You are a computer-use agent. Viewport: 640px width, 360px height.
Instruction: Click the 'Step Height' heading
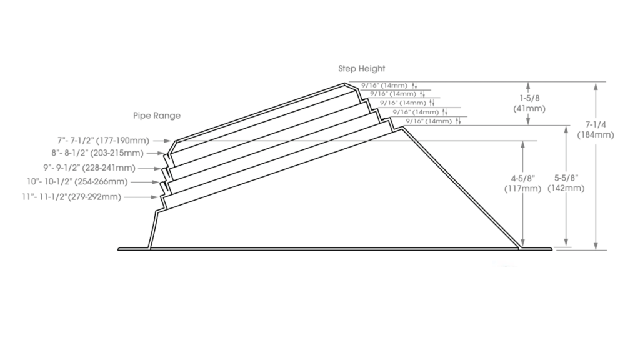(362, 69)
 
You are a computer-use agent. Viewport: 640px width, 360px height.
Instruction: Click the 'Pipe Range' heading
(157, 116)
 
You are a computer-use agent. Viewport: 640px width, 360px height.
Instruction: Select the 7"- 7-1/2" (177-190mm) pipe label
(103, 141)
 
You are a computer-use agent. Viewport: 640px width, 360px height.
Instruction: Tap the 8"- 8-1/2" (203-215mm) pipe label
(97, 153)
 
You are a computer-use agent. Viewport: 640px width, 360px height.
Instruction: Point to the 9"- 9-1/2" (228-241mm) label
(89, 167)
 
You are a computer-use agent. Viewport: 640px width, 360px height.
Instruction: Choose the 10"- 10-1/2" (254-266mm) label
(77, 182)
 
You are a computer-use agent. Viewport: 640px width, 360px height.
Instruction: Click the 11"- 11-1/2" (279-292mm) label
(71, 197)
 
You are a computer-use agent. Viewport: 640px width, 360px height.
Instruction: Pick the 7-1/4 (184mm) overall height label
(596, 130)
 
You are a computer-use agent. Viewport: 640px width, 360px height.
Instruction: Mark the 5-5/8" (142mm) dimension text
(566, 183)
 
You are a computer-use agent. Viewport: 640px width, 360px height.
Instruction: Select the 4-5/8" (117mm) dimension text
(523, 184)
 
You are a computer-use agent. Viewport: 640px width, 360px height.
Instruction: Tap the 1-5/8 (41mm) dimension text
(529, 103)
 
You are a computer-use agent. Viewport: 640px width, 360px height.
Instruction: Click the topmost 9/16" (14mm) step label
(384, 85)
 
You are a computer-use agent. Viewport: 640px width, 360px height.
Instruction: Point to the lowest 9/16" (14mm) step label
(429, 121)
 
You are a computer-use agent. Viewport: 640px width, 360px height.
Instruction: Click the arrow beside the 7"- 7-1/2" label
(162, 141)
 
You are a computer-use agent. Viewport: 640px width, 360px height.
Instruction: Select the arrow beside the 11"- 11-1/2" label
(141, 197)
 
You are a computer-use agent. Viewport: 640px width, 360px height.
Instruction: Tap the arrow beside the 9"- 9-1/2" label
(149, 168)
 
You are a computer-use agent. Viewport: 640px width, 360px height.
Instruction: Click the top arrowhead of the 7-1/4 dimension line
(596, 86)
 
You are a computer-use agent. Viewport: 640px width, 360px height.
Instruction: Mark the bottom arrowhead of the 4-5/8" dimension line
(523, 243)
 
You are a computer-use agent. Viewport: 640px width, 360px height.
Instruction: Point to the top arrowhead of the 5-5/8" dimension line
(566, 129)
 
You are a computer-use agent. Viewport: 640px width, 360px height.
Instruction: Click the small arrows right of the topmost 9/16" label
(415, 86)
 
